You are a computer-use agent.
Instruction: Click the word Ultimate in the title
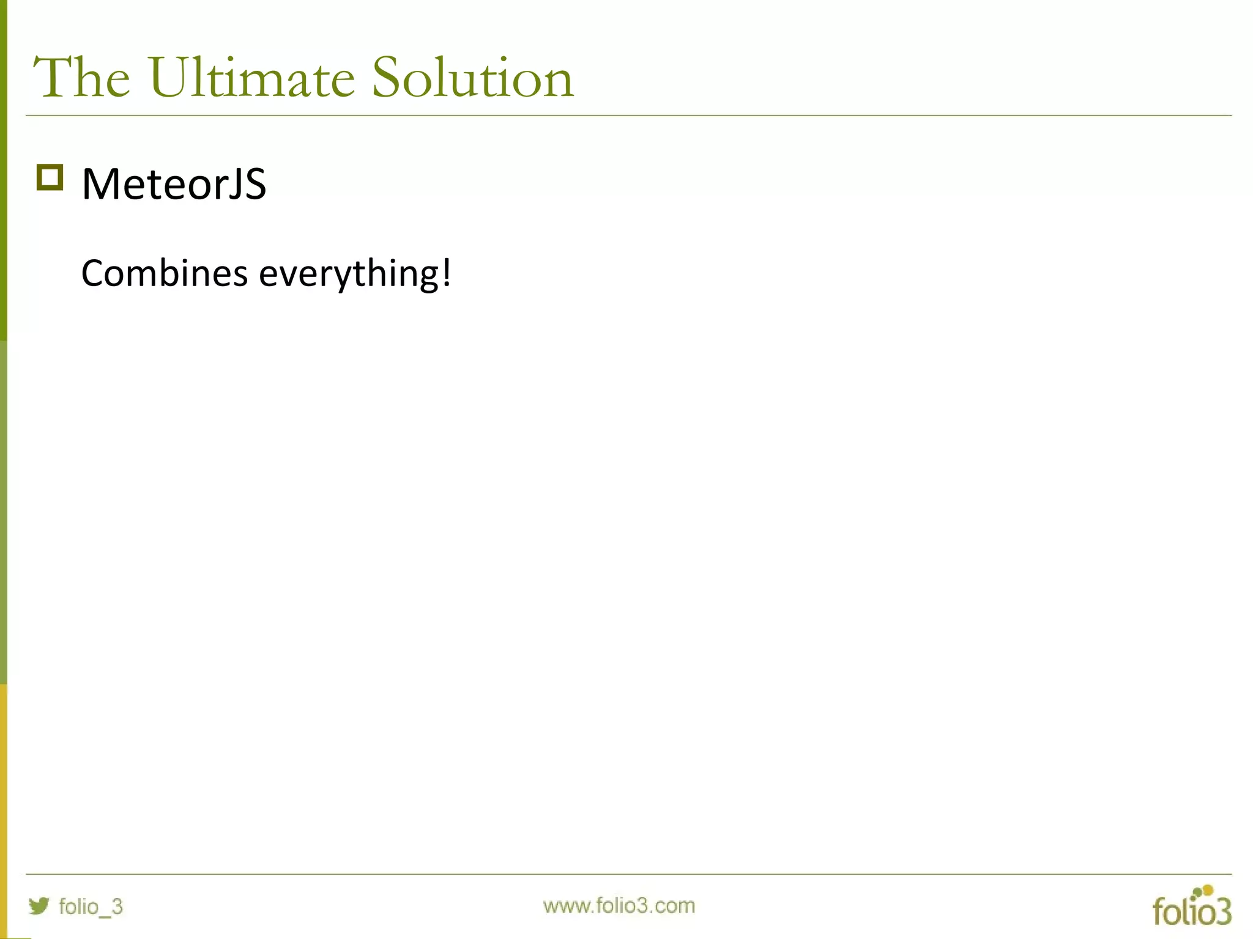pyautogui.click(x=251, y=78)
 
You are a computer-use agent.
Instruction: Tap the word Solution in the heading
pyautogui.click(x=473, y=78)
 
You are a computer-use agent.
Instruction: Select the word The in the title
pyautogui.click(x=81, y=78)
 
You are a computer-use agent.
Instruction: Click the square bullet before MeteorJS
pyautogui.click(x=50, y=178)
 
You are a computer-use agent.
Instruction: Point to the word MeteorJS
pyautogui.click(x=174, y=184)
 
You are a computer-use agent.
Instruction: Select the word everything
pyautogui.click(x=348, y=274)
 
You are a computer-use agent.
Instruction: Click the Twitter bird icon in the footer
pyautogui.click(x=39, y=905)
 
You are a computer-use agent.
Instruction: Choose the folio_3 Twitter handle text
pyautogui.click(x=91, y=907)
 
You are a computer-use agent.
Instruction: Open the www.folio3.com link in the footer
pyautogui.click(x=619, y=905)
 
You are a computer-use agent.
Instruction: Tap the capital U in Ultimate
pyautogui.click(x=167, y=78)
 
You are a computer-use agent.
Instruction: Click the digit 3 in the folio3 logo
pyautogui.click(x=1221, y=912)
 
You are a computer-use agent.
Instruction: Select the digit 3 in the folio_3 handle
pyautogui.click(x=117, y=907)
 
